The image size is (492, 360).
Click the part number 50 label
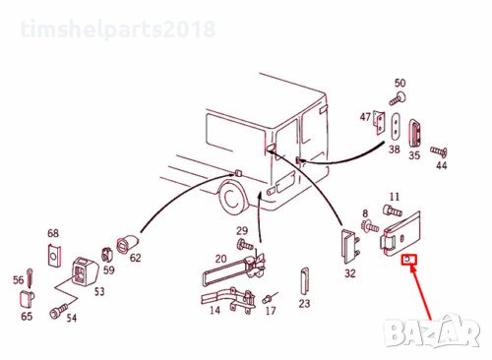[400, 83]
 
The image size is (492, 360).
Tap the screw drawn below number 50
[398, 98]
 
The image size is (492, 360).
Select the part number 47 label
[365, 117]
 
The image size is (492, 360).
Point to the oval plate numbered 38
[396, 127]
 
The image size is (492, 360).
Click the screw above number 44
[439, 151]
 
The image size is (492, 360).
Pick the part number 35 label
[414, 155]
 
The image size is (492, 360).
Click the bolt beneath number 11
[393, 210]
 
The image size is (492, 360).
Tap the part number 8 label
[365, 213]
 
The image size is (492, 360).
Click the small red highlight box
[408, 260]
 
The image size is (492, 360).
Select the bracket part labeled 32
[349, 246]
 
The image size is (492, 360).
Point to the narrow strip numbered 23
[304, 281]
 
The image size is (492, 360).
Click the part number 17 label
[271, 311]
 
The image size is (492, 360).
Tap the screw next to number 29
[245, 244]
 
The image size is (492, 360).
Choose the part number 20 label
[220, 259]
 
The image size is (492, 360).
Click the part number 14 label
[215, 310]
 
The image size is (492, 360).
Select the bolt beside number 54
[58, 311]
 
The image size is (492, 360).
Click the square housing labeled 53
[85, 270]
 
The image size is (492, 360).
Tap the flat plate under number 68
[53, 255]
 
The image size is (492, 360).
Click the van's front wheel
[233, 198]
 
